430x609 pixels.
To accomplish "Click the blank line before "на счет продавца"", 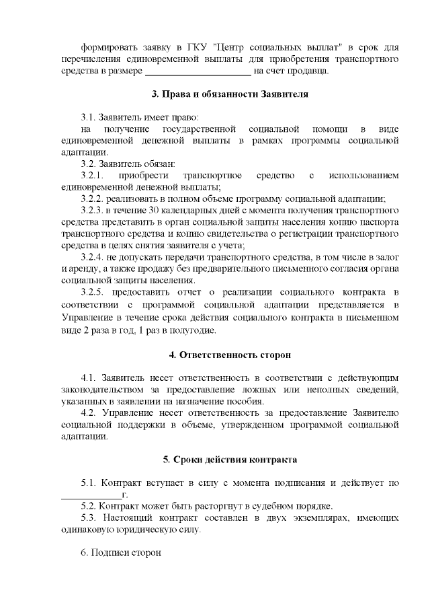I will coord(198,71).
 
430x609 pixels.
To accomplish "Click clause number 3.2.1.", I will coord(93,176).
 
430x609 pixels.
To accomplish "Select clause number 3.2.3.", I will coord(92,211).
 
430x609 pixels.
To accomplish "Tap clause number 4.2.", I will coord(90,413).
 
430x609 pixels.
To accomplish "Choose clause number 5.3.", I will coord(89,518).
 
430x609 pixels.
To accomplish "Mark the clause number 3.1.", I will coord(87,116).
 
